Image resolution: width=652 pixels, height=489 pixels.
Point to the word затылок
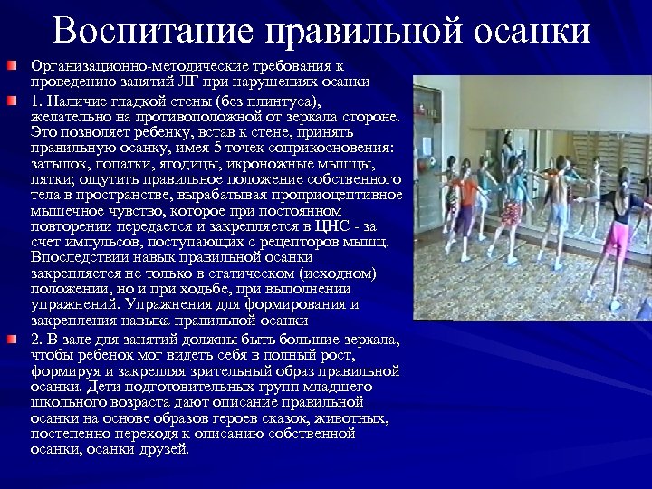click(x=57, y=164)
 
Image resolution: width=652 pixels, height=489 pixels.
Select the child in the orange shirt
click(x=465, y=195)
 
